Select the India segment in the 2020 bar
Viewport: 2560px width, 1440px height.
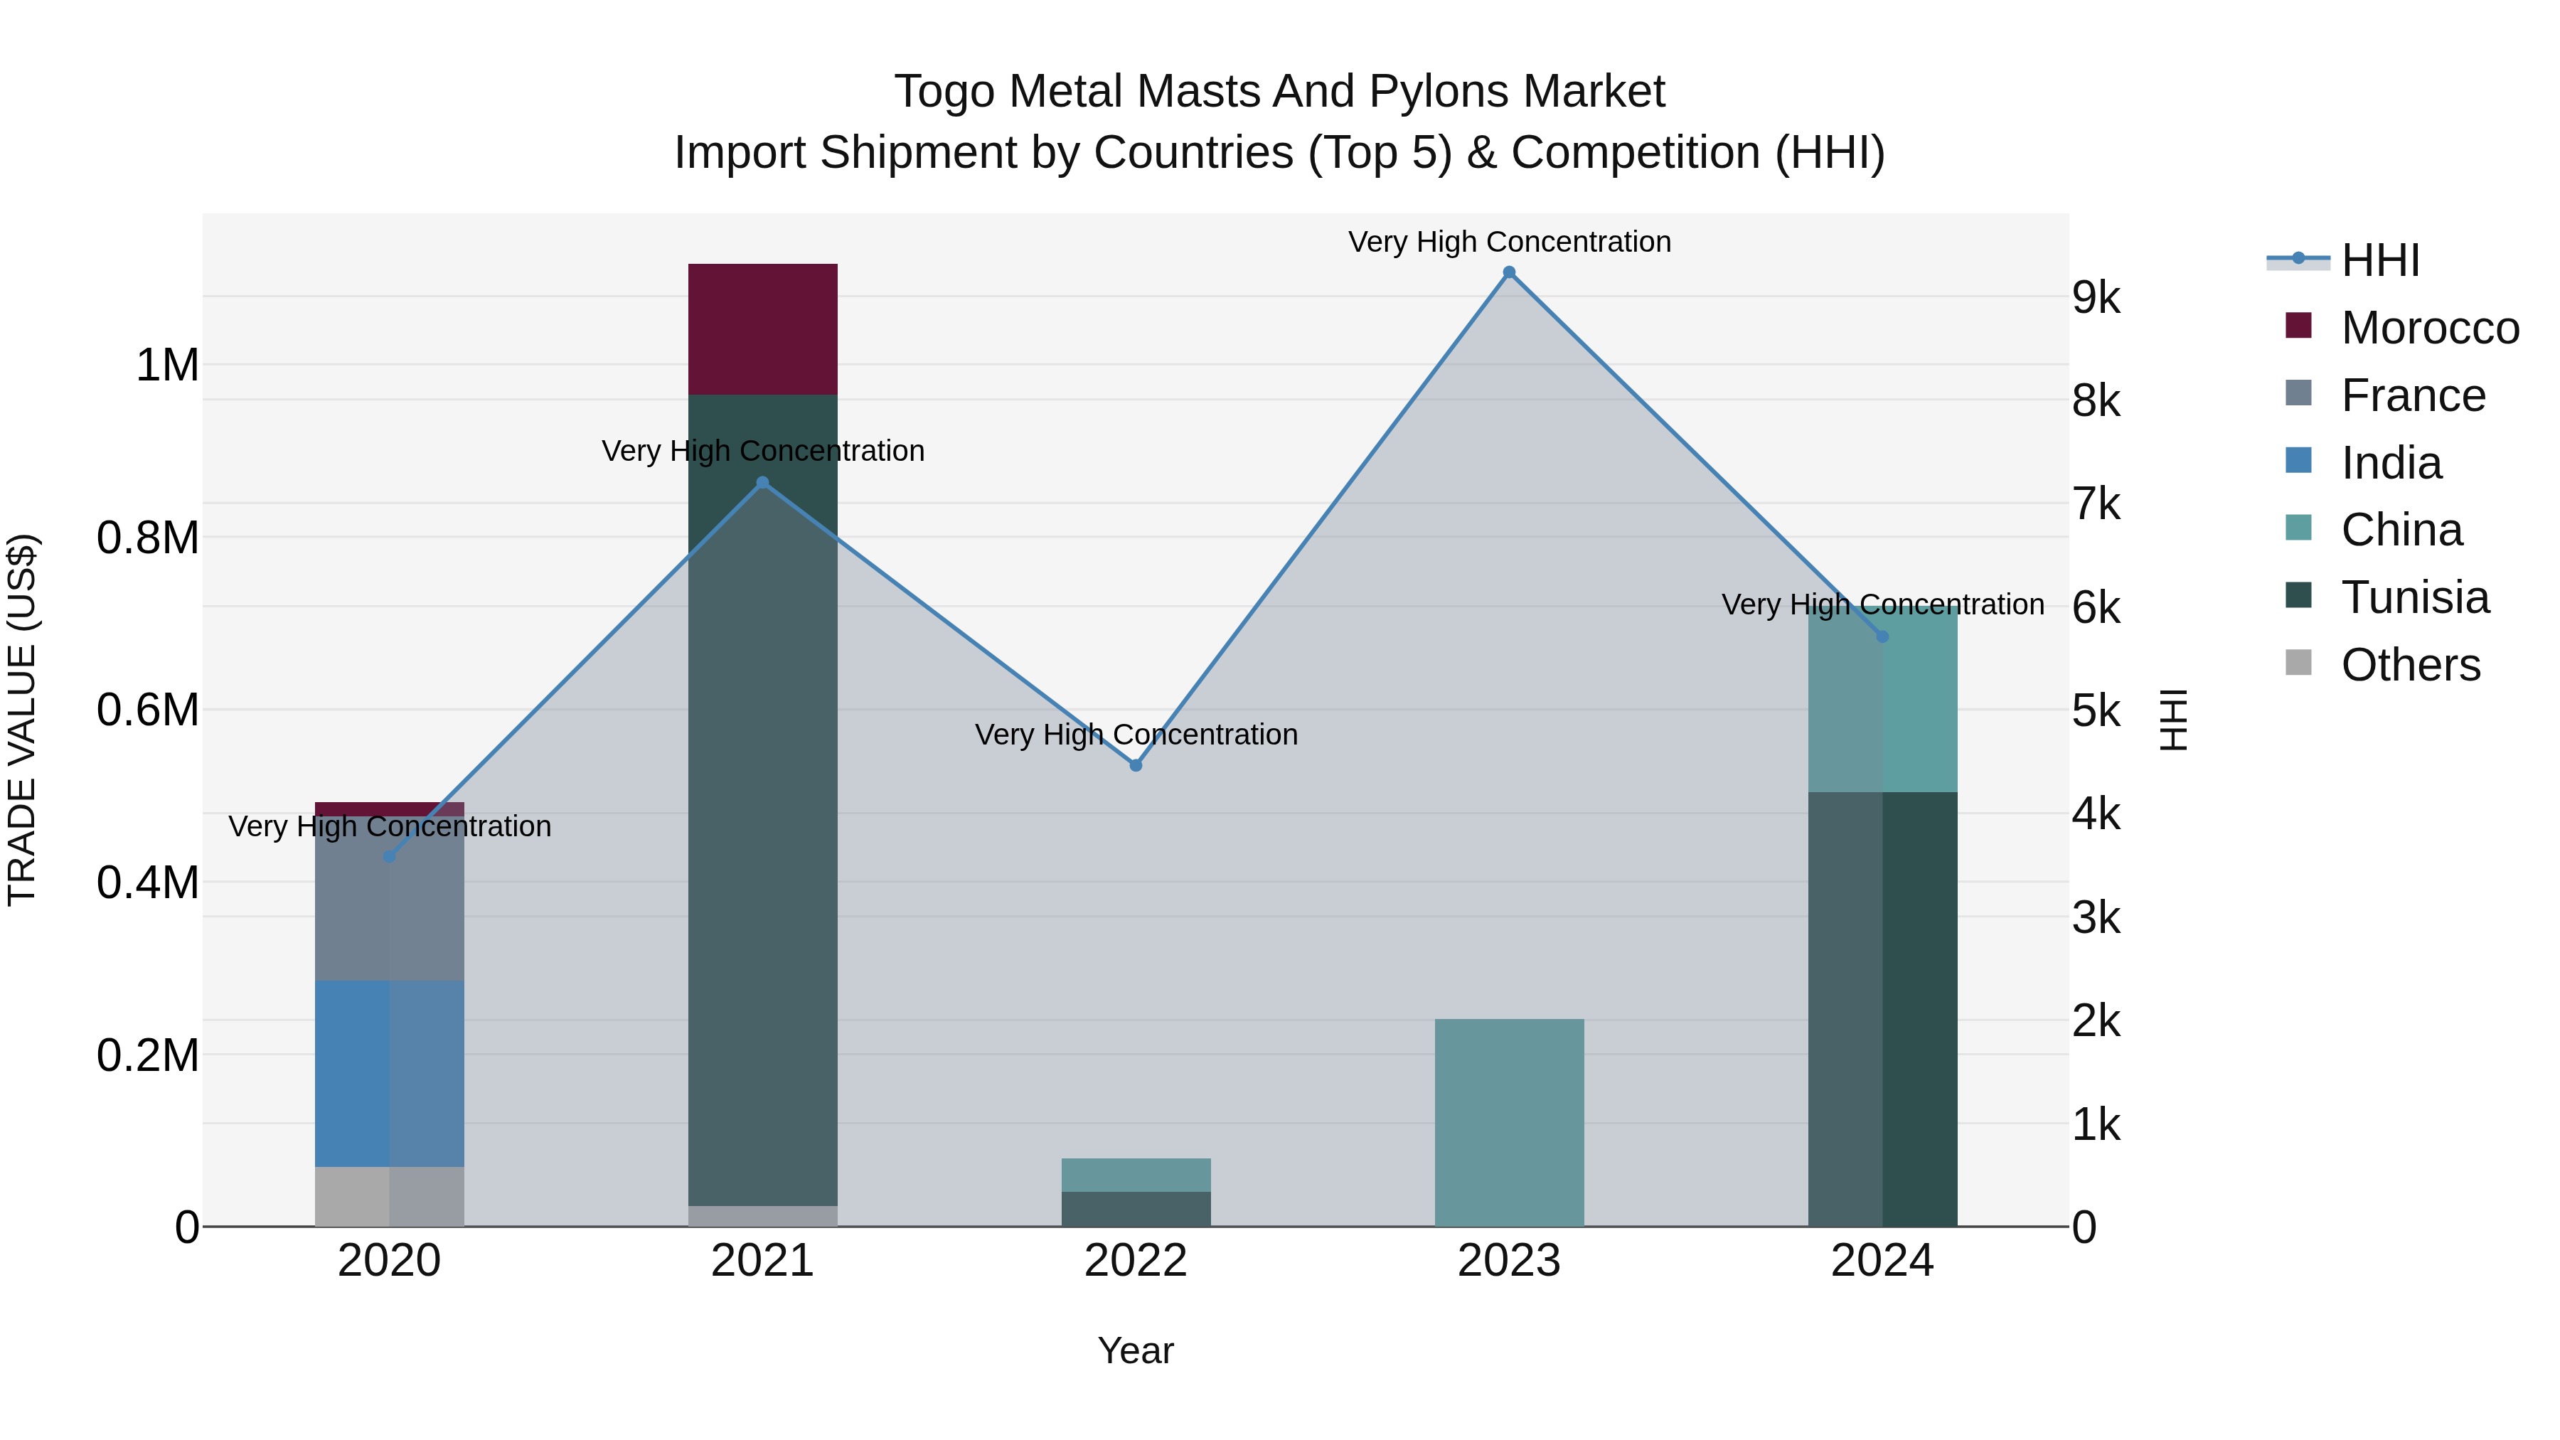[x=388, y=1073]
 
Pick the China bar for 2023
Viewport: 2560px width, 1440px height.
[x=1508, y=1122]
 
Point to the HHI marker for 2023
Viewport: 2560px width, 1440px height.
[x=1508, y=272]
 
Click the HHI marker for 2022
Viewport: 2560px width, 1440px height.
[x=1136, y=765]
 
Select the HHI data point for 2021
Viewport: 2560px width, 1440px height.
[x=762, y=483]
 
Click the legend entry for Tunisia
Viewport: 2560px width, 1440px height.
[x=2414, y=597]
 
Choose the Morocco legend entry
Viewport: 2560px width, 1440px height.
[x=2429, y=328]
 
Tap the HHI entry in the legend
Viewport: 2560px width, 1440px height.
[x=2379, y=260]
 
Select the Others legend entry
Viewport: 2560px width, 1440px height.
[x=2410, y=665]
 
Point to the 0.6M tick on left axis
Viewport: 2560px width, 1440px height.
[x=147, y=710]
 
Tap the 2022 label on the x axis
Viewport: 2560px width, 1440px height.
[x=1136, y=1261]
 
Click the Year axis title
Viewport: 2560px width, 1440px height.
[x=1135, y=1350]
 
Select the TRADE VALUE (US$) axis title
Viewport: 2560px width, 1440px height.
[x=22, y=720]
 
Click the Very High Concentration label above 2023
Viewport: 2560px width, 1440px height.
[x=1508, y=242]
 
